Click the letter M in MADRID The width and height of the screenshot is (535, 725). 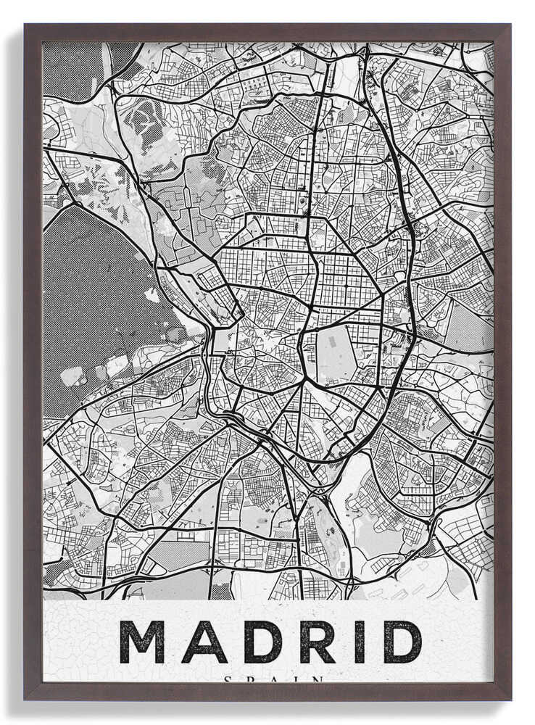point(142,642)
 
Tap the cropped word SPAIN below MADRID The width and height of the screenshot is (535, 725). point(273,679)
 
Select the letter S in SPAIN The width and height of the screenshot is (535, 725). point(228,679)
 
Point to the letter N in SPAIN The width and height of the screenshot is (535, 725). point(318,679)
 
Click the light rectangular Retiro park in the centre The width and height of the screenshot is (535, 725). point(336,353)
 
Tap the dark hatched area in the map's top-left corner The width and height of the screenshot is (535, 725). point(72,69)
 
